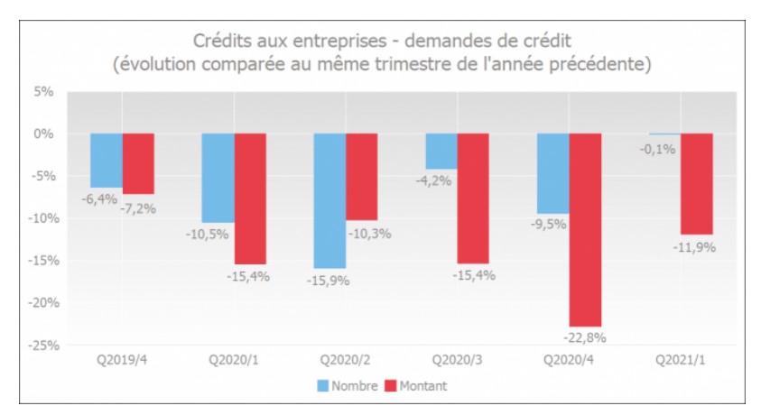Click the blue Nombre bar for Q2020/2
click(329, 200)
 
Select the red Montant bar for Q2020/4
click(585, 229)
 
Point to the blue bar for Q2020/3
click(441, 151)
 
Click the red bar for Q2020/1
click(250, 198)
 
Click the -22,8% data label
click(585, 337)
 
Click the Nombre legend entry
click(346, 386)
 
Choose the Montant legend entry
click(416, 386)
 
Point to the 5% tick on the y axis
click(44, 91)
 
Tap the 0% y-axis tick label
click(44, 134)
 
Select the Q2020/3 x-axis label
click(457, 360)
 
